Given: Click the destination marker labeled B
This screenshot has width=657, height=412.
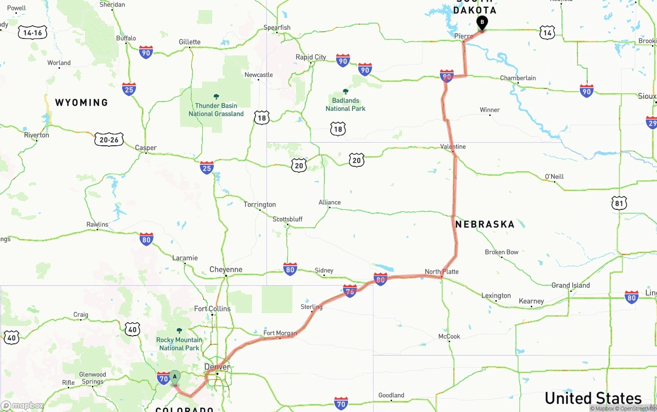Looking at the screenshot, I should (482, 23).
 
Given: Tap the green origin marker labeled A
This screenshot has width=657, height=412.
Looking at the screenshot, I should (175, 377).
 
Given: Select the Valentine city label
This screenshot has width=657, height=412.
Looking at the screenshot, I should (453, 147).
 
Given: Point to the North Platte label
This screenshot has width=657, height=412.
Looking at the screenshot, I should (441, 271).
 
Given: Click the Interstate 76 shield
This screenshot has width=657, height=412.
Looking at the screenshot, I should (350, 291).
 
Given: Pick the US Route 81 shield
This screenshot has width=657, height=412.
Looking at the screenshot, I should (619, 203).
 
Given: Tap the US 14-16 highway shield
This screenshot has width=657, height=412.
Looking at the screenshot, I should (32, 33).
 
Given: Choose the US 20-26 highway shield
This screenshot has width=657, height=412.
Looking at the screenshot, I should (109, 139).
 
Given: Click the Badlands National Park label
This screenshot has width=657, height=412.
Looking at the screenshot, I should (345, 104).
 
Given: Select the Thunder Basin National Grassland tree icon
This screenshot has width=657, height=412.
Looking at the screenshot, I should (216, 96).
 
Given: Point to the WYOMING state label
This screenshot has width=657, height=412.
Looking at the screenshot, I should (82, 103).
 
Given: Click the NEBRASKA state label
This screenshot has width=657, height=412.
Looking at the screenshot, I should (485, 224).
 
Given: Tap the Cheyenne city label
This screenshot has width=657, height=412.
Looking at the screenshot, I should (226, 269).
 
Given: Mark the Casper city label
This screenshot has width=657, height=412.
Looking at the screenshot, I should (146, 148).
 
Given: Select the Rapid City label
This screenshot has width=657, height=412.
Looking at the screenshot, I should (311, 57).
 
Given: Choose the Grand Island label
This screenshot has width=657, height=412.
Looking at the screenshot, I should (570, 285).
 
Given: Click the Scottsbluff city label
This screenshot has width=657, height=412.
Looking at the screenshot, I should (287, 219).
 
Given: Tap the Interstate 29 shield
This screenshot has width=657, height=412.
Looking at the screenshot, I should (651, 123).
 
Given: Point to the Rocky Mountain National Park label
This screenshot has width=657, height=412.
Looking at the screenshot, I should (179, 344).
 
